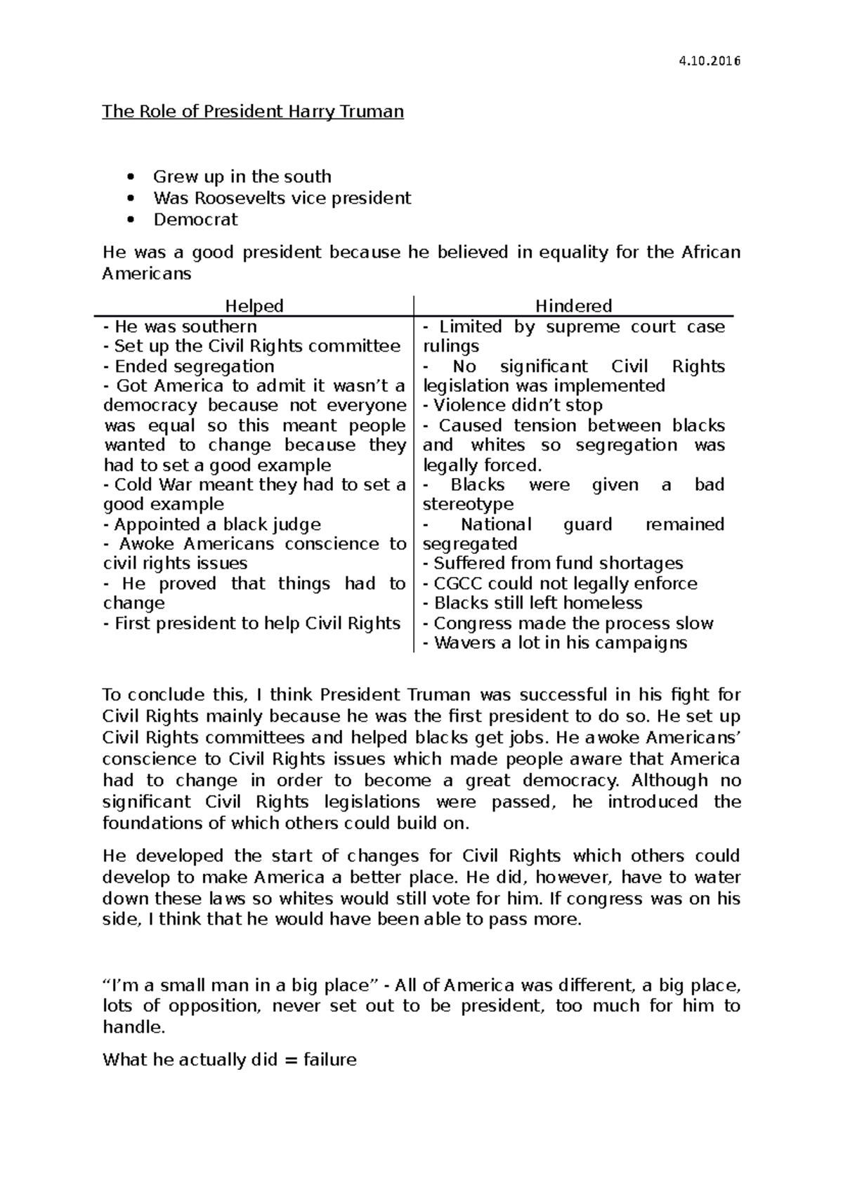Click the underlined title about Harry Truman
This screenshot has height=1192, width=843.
tap(253, 112)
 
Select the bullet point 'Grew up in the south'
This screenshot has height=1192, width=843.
tap(242, 177)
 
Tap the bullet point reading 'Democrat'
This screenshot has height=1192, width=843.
tap(195, 220)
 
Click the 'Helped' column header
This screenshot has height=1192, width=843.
tap(254, 306)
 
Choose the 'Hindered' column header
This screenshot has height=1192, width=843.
tap(573, 306)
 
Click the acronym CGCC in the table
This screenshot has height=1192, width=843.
tap(458, 584)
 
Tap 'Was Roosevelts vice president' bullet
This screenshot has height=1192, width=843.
tap(282, 198)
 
